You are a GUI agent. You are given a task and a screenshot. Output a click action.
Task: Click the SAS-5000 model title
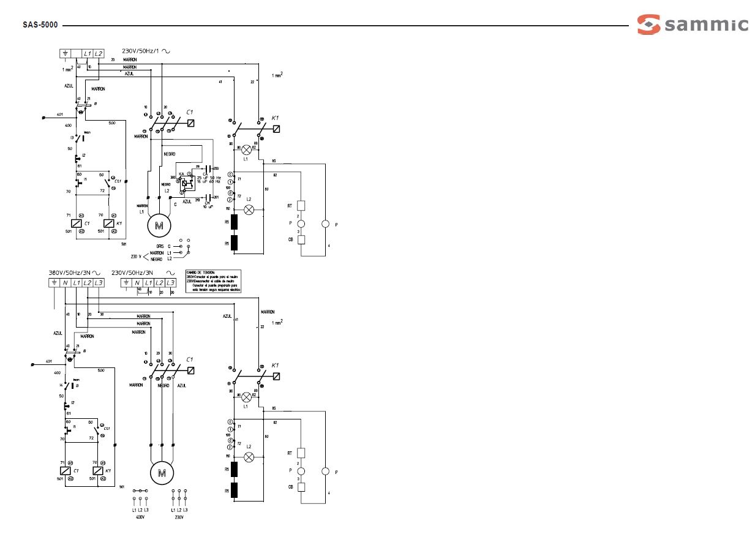(x=40, y=26)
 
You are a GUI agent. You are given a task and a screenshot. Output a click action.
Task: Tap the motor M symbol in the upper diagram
(x=160, y=225)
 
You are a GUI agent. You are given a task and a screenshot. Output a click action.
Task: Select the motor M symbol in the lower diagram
(x=162, y=472)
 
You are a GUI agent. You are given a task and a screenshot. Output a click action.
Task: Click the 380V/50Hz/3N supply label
(x=70, y=272)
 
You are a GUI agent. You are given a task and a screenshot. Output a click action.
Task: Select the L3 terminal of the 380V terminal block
(x=99, y=282)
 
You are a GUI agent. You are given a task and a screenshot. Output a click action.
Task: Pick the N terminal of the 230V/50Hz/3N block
(x=137, y=282)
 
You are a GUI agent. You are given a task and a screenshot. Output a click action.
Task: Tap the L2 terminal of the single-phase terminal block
(x=99, y=54)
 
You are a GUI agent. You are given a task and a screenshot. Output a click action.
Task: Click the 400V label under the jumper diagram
(x=140, y=517)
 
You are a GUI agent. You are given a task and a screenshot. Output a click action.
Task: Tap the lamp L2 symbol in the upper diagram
(x=249, y=209)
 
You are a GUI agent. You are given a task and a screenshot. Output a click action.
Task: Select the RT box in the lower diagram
(x=301, y=453)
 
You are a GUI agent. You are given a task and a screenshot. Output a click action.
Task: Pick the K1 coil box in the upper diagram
(x=110, y=224)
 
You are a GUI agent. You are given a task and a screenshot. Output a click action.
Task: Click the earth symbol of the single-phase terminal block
(x=65, y=54)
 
